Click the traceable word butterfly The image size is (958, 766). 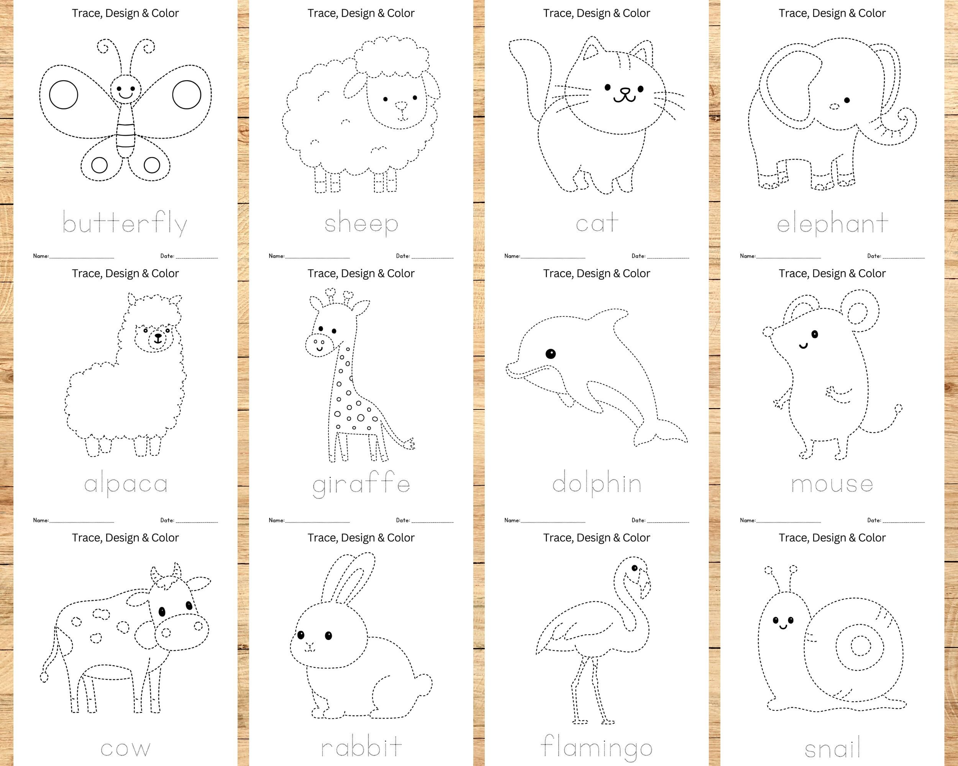point(125,223)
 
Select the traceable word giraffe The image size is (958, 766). point(361,485)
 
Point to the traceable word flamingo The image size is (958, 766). point(596,747)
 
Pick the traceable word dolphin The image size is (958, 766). point(596,483)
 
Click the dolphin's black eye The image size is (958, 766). point(551,354)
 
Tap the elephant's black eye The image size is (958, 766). point(847,100)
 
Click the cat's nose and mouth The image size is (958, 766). point(624,94)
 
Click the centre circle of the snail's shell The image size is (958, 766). point(861,646)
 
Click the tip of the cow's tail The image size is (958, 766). point(44,677)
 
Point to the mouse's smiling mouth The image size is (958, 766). point(803,345)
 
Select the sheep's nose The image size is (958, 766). point(401,106)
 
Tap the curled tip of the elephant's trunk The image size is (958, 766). point(905,116)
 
